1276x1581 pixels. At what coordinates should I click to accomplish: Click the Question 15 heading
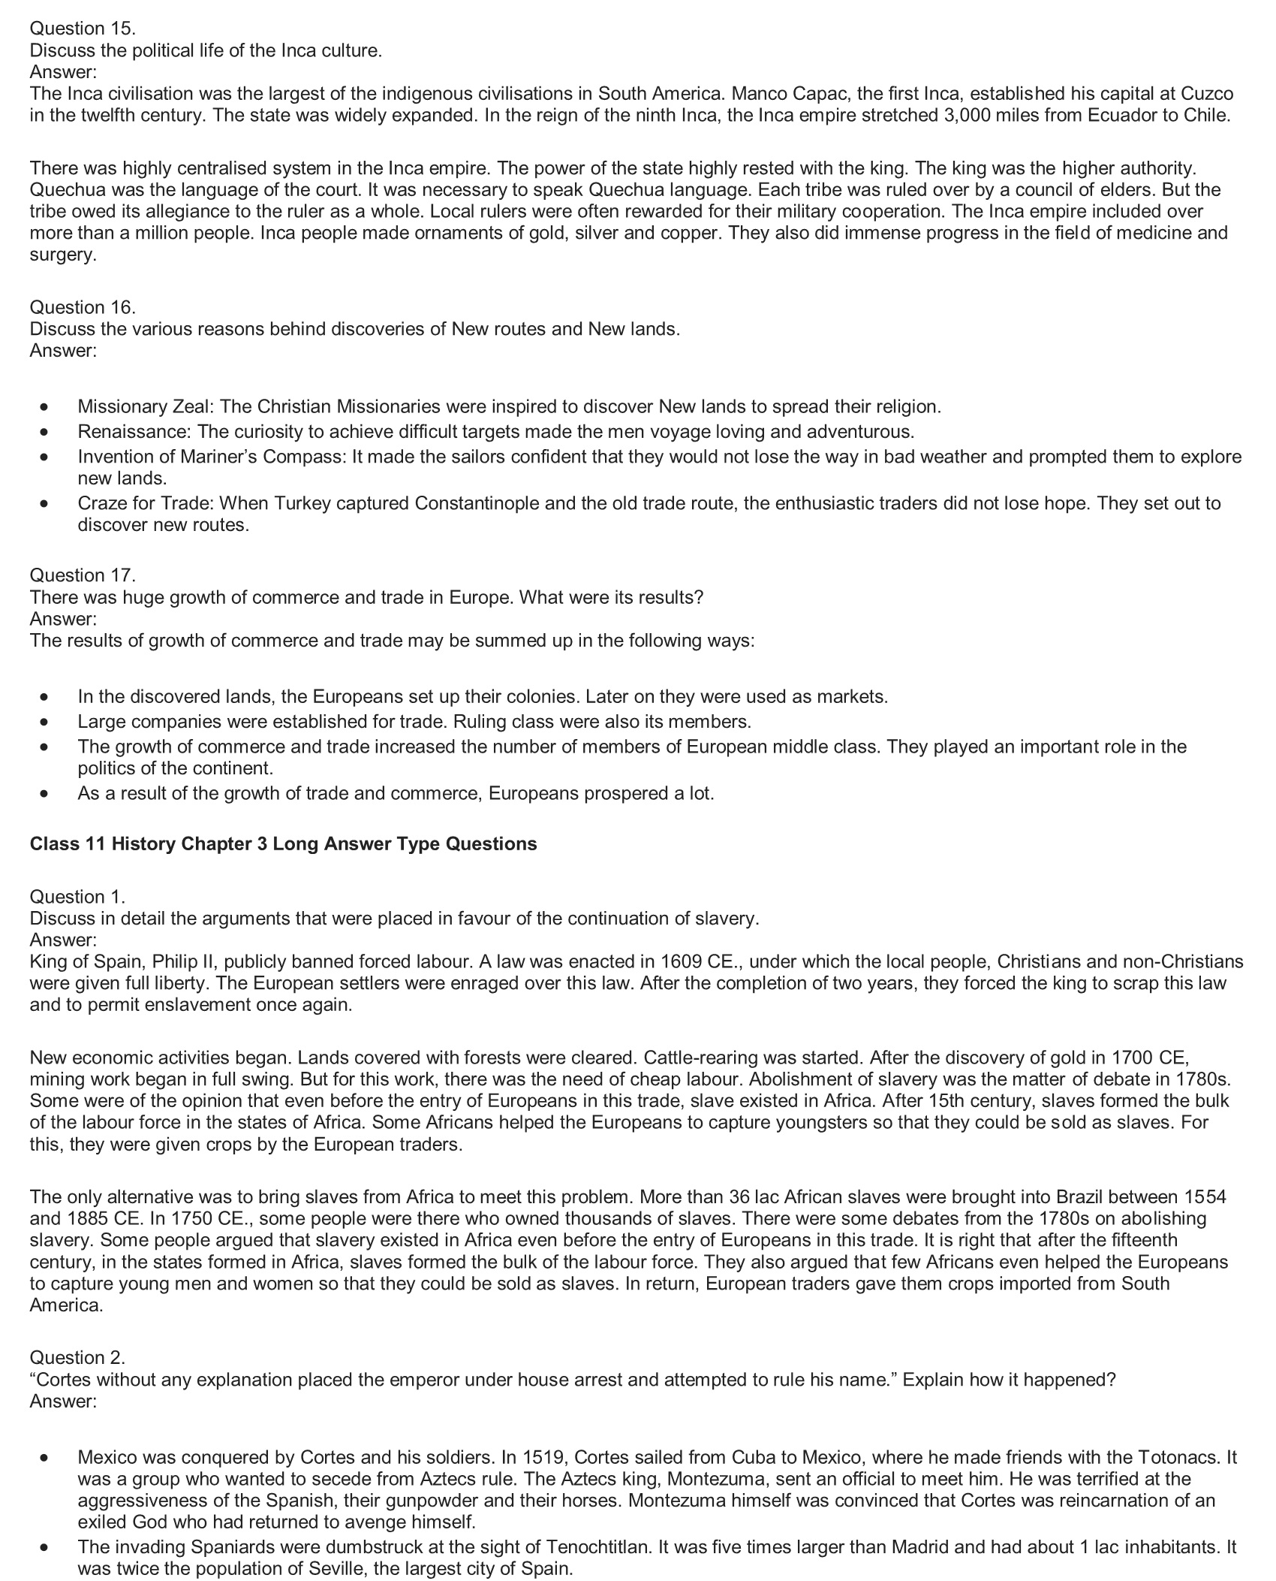(x=83, y=29)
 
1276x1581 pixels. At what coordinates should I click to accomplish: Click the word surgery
(x=63, y=255)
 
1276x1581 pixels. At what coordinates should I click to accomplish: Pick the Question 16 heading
(x=83, y=307)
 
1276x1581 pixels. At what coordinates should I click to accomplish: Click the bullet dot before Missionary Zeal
(x=47, y=407)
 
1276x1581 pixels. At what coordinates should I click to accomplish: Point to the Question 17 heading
(x=83, y=575)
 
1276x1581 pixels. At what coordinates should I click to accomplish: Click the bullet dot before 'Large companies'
(x=47, y=722)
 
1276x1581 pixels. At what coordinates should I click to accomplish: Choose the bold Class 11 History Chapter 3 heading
(x=283, y=843)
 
